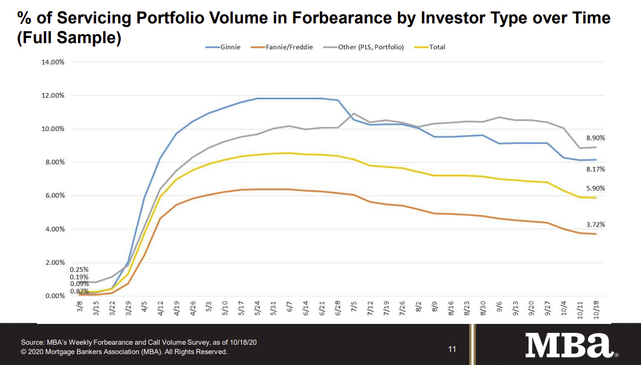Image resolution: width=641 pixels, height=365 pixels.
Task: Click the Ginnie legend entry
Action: point(228,47)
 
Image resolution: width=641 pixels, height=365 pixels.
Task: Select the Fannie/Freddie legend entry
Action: point(288,47)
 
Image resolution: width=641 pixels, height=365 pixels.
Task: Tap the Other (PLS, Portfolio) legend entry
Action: point(370,47)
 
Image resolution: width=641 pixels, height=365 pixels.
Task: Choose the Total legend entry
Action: point(437,47)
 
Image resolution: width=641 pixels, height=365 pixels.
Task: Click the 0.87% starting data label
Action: point(79,291)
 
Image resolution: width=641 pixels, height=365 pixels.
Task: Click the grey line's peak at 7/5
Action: point(354,113)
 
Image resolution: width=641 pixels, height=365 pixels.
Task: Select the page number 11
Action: point(452,349)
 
